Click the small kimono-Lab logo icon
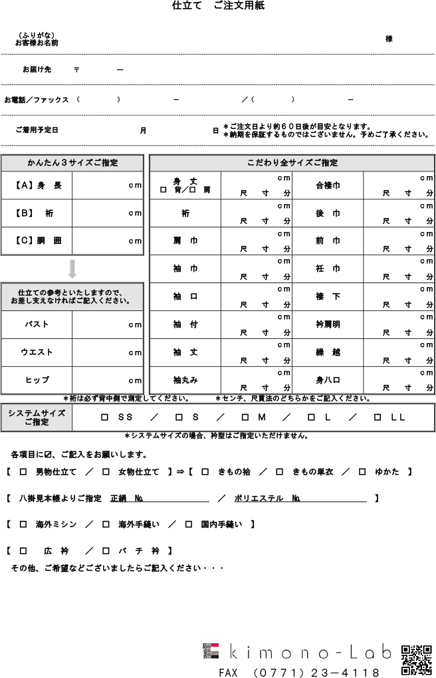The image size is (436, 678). [x=211, y=651]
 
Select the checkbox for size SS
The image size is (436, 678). [x=104, y=417]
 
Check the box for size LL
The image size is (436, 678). [x=377, y=417]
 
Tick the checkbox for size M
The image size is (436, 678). [x=245, y=417]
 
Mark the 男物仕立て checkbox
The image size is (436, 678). [x=23, y=472]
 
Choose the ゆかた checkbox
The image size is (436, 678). [x=362, y=472]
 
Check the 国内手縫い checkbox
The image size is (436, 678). [x=189, y=524]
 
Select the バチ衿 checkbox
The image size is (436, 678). [x=106, y=551]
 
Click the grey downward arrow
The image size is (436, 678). [x=72, y=269]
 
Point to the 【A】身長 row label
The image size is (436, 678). [x=37, y=185]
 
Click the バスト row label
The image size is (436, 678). [x=37, y=325]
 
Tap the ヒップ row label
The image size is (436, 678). [x=37, y=380]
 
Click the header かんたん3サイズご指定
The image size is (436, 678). [x=72, y=163]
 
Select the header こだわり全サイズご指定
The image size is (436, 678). [x=292, y=163]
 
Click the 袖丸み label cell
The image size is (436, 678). [x=185, y=380]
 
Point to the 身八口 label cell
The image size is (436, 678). [x=328, y=380]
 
